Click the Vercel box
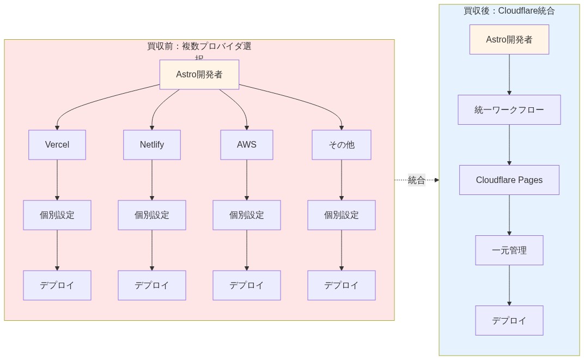pos(57,145)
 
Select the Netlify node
pos(152,145)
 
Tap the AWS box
pos(247,145)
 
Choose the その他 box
pos(342,145)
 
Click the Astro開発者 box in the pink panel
pos(199,75)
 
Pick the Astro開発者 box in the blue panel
pos(509,40)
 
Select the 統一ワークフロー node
pos(509,110)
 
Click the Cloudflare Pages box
pos(509,180)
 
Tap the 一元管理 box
pos(509,251)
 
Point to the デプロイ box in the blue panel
pos(509,321)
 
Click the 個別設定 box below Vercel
pos(57,215)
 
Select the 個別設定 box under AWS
pos(247,215)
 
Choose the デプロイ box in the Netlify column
pos(152,285)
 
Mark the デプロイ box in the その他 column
pos(342,285)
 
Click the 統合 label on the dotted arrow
pos(417,180)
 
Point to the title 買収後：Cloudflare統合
pos(509,11)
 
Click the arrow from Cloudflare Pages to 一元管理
pos(509,215)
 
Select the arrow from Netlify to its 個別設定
pos(152,180)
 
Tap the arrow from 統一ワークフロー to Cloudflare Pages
pos(509,145)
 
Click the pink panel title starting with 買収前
pos(199,47)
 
